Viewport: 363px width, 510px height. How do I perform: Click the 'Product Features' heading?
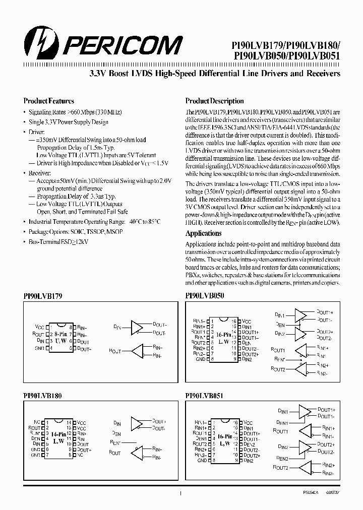point(48,101)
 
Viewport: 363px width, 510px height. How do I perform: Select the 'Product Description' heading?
point(214,101)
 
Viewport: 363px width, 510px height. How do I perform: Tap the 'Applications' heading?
point(203,233)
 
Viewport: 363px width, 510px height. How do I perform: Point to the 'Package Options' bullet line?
point(76,232)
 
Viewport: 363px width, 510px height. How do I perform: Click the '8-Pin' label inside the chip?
point(60,333)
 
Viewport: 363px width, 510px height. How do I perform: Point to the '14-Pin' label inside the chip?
point(58,434)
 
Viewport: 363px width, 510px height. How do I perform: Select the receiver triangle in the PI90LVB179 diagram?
point(137,351)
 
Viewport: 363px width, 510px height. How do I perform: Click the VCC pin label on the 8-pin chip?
point(40,327)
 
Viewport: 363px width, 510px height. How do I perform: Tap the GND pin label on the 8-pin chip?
point(40,348)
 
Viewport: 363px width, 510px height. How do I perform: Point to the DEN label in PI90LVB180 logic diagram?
point(116,433)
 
